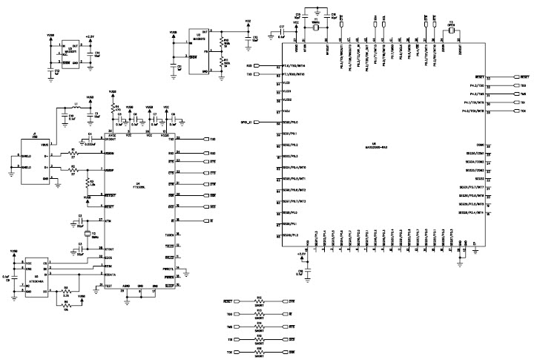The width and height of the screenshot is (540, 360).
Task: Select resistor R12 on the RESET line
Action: (260, 303)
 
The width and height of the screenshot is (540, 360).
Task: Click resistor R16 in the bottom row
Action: (260, 351)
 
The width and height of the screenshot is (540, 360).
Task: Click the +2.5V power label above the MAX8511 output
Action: (89, 36)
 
